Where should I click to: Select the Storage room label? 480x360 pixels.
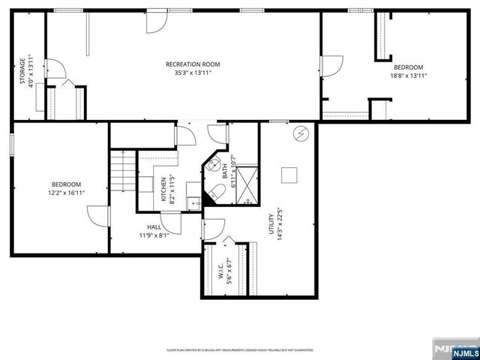[22, 73]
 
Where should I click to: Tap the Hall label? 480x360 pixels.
[153, 226]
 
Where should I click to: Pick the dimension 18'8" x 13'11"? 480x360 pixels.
[408, 76]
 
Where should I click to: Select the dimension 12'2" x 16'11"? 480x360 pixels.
[66, 193]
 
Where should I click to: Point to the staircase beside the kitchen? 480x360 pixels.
[121, 172]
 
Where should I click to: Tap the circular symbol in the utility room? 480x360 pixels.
[301, 133]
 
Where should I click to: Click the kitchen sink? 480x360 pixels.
[193, 200]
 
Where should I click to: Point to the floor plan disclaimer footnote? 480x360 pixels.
[239, 350]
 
